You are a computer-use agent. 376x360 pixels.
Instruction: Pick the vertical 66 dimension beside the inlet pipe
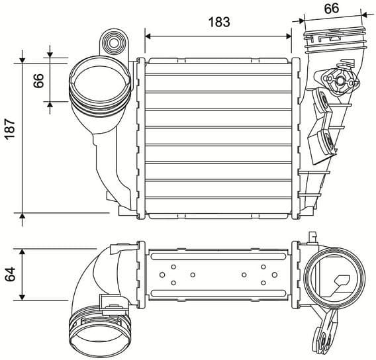point(39,81)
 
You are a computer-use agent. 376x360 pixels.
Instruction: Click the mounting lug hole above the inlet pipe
point(115,44)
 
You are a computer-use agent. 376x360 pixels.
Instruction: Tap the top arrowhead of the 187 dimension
point(23,60)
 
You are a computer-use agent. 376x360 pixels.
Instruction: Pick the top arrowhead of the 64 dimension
point(23,251)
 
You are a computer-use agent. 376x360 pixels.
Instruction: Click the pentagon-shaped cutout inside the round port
point(344,283)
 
